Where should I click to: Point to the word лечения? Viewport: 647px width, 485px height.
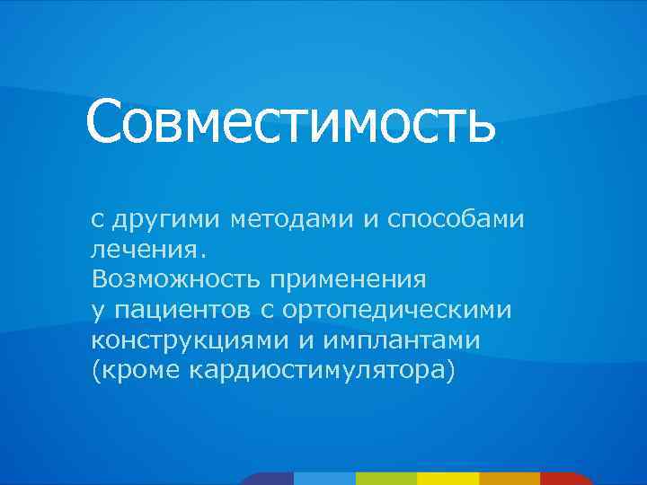[147, 249]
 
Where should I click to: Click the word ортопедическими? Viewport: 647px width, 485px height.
[397, 311]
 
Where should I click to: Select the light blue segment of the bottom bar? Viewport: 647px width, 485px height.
[324, 479]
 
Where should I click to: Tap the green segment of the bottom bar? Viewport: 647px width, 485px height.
[386, 479]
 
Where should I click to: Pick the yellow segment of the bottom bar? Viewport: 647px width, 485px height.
[448, 479]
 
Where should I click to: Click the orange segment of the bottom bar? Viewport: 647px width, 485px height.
[509, 479]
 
